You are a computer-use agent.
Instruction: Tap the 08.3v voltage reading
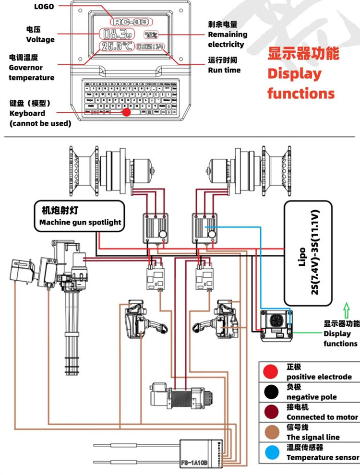coord(115,34)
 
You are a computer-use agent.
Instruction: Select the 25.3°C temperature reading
coord(117,47)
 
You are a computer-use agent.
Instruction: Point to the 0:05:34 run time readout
coord(150,47)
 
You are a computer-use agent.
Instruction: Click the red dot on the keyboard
coord(126,112)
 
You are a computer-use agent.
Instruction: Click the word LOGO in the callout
coord(44,7)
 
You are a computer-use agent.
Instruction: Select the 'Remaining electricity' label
coord(228,35)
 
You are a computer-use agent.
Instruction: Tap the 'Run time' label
coord(224,65)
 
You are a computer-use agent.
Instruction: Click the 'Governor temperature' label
coord(32,68)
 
